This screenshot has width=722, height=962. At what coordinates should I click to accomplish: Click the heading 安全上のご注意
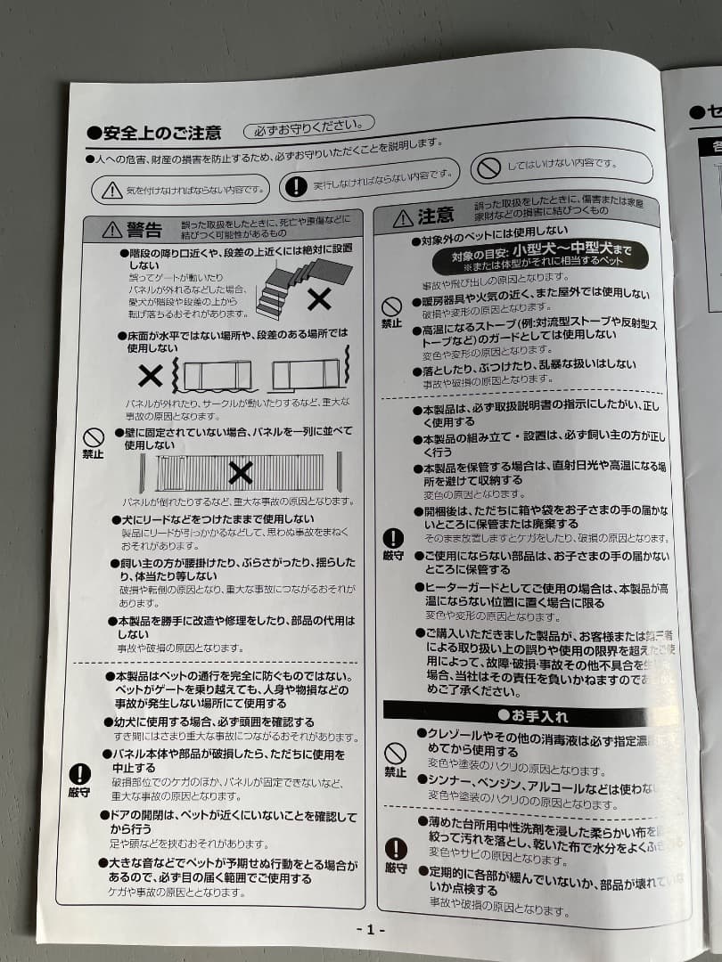pos(161,134)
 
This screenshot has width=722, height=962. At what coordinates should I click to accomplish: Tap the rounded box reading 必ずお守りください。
pos(308,127)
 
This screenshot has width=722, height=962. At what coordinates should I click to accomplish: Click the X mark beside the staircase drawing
pos(318,299)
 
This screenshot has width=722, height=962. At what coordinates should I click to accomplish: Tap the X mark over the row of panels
pos(240,472)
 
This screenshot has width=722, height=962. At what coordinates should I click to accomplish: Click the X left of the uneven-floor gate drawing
pos(151,376)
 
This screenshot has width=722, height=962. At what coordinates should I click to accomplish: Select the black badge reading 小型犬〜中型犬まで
pos(540,256)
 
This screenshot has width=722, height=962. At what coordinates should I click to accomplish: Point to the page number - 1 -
pos(370,929)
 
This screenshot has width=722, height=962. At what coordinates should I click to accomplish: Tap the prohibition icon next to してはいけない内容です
pos(488,167)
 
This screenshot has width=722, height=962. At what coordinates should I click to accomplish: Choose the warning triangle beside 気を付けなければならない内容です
pos(112,190)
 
